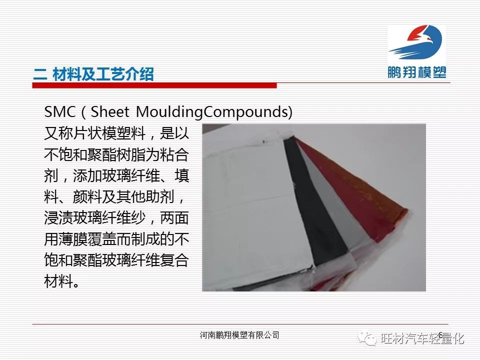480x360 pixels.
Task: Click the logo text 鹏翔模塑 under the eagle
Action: coord(417,72)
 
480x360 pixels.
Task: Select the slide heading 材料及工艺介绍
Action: coord(103,74)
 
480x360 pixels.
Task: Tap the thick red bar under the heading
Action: coord(154,85)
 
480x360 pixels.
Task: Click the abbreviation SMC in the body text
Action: coord(60,111)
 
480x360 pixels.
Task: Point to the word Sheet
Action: coord(110,111)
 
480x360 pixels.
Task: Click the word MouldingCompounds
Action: coord(211,112)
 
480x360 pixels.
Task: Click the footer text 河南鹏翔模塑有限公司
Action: coord(239,335)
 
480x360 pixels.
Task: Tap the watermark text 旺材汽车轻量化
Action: coord(422,338)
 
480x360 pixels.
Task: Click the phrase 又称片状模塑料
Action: coord(95,133)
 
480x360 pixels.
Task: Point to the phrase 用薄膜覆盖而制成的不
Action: coord(116,239)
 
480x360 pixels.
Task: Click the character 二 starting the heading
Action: coord(40,74)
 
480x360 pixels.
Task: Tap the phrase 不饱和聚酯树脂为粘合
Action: coord(116,155)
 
